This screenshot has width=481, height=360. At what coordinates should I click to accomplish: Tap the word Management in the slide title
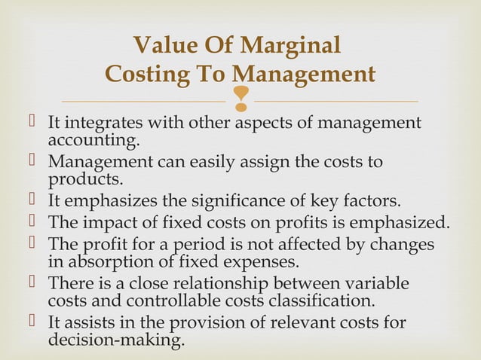pyautogui.click(x=303, y=75)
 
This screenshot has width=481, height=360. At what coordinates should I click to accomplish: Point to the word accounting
pyautogui.click(x=93, y=140)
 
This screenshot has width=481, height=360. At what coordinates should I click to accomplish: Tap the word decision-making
pyautogui.click(x=116, y=340)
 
